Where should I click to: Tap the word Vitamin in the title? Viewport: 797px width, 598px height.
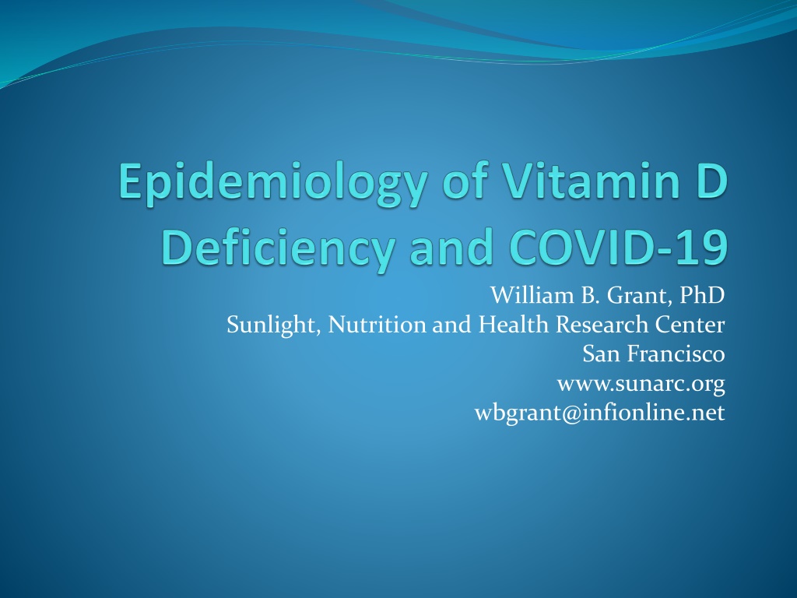pos(592,181)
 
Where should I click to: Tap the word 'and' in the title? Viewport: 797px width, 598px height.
pos(452,247)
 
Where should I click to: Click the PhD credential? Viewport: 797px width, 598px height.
pos(703,295)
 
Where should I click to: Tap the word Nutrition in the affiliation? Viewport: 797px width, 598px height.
pos(377,325)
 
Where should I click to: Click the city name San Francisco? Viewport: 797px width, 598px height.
pos(654,354)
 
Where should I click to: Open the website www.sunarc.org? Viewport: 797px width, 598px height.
pos(641,384)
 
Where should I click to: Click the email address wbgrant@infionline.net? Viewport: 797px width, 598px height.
pos(600,413)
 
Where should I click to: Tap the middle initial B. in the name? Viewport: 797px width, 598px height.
pos(591,295)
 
